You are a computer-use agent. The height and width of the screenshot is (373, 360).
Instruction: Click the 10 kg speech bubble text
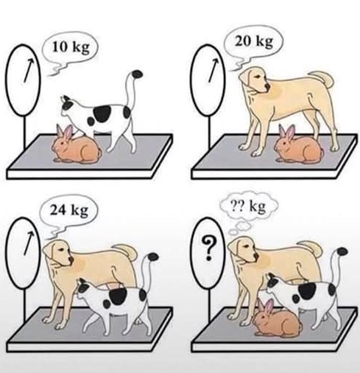point(71,47)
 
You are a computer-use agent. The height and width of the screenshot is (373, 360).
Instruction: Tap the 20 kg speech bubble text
point(254,42)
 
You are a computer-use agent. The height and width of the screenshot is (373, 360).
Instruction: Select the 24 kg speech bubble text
point(69,211)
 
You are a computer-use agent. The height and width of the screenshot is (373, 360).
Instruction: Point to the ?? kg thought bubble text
point(249,206)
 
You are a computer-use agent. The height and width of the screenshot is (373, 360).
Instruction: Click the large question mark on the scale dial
point(208,248)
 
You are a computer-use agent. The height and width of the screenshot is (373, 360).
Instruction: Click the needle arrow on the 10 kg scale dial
point(29,70)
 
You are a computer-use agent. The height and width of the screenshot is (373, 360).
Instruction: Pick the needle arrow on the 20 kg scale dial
point(213,70)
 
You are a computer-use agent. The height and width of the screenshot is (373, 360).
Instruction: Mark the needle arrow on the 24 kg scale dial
point(29,243)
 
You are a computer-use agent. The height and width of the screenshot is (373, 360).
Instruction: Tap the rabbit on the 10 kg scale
point(77,145)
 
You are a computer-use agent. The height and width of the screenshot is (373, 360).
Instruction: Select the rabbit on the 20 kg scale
point(299,145)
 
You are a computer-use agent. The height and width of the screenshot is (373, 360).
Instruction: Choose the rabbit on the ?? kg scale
point(278,318)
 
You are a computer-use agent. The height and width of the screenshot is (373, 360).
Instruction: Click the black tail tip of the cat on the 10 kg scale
point(138,74)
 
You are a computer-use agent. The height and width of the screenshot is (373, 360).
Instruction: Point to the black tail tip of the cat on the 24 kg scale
point(153,257)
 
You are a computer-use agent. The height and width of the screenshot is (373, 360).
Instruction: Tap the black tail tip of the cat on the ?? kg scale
point(342,252)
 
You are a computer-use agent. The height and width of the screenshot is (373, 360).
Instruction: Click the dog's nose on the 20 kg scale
point(268,86)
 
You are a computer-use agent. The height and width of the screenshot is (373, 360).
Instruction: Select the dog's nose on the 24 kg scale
point(71,259)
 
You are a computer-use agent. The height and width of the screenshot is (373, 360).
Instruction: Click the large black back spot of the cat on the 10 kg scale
point(102,114)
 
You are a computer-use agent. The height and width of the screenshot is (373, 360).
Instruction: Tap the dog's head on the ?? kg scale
point(244,250)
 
